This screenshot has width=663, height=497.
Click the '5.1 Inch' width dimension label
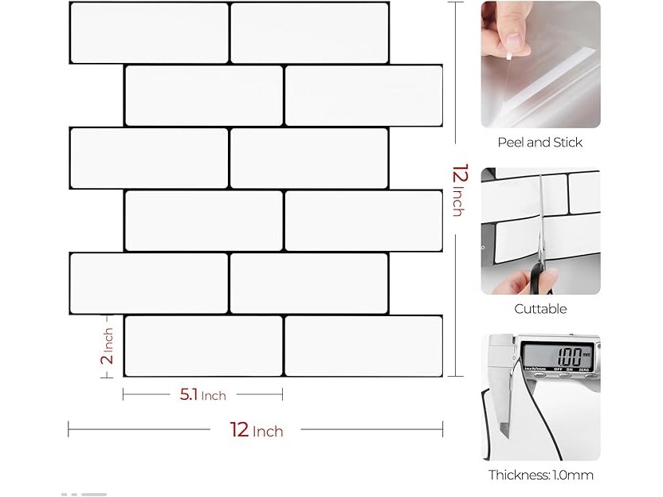pyautogui.click(x=202, y=395)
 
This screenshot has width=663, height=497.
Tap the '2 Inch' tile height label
pyautogui.click(x=108, y=346)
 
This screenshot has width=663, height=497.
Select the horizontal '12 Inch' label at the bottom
pyautogui.click(x=257, y=430)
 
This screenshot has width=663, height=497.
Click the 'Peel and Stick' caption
pyautogui.click(x=539, y=143)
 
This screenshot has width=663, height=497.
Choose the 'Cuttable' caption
pyautogui.click(x=540, y=309)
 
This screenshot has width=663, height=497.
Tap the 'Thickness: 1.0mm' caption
pyautogui.click(x=541, y=475)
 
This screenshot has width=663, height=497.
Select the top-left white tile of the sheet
pyautogui.click(x=149, y=33)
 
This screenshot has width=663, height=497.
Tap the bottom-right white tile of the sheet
pyautogui.click(x=363, y=346)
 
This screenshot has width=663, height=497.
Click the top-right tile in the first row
pyautogui.click(x=309, y=33)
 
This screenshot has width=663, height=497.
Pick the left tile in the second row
pyautogui.click(x=204, y=96)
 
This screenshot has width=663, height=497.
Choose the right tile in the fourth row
pyautogui.click(x=363, y=221)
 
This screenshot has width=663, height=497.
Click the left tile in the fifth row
pyautogui.click(x=149, y=284)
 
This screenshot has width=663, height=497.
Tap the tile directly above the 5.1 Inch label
pyautogui.click(x=204, y=346)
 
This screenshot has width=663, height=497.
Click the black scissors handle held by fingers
pyautogui.click(x=539, y=277)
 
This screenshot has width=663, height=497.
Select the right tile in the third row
pyautogui.click(x=309, y=158)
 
